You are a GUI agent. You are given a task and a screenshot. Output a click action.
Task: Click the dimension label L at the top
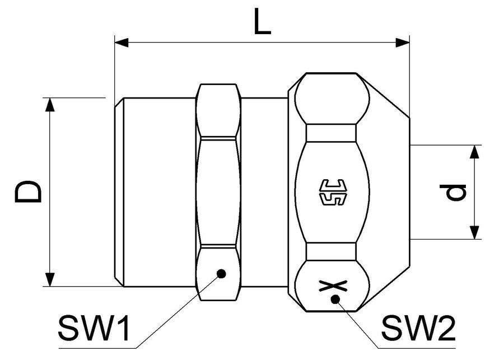262,21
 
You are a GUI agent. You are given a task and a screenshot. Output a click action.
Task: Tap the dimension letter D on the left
28,191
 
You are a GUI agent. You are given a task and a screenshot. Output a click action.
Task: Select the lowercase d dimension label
456,192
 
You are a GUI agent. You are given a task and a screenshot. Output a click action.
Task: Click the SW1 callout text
94,328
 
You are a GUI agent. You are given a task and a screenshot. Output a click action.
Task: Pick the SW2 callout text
418,328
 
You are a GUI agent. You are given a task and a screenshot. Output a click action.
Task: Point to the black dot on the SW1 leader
221,274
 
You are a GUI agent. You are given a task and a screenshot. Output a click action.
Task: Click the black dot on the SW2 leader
335,299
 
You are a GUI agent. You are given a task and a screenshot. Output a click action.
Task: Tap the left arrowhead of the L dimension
122,43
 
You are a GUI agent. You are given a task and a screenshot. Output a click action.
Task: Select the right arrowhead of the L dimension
403,43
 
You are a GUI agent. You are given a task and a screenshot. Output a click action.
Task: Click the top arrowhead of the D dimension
50,105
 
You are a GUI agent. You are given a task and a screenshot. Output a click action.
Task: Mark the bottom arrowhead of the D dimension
50,279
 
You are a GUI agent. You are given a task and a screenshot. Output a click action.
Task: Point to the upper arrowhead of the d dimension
474,152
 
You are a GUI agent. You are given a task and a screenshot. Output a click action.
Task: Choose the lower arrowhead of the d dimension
474,232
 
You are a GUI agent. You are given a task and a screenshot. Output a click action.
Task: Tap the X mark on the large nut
333,286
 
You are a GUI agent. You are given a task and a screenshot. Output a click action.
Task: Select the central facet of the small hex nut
218,192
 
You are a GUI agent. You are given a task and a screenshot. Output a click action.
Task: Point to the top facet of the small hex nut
218,110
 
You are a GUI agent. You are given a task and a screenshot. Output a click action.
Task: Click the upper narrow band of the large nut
332,133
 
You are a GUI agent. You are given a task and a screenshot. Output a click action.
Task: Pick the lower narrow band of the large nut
332,252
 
